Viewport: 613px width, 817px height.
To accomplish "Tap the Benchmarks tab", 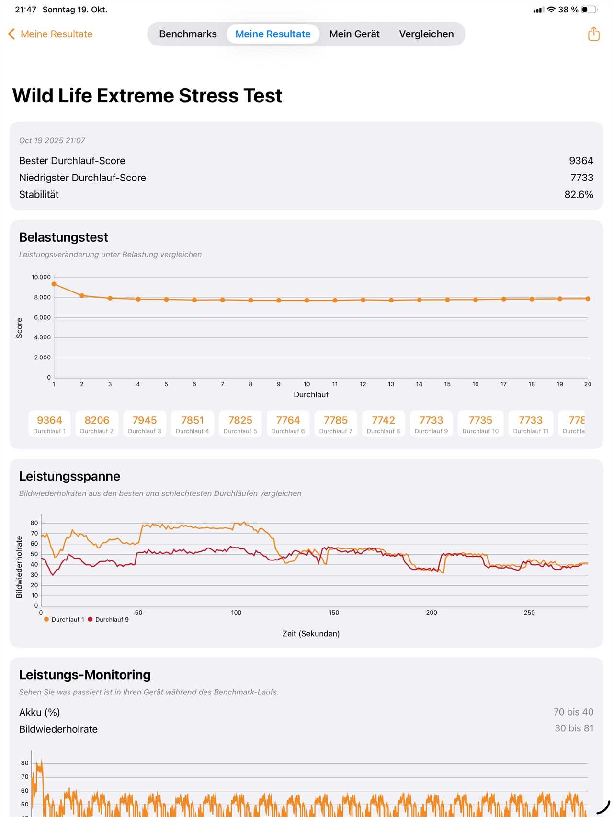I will (x=188, y=34).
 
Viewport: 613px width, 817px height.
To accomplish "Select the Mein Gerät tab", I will (x=354, y=34).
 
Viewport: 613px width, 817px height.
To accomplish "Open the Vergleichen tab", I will (x=426, y=34).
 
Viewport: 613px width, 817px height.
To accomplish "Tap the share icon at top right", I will (x=593, y=34).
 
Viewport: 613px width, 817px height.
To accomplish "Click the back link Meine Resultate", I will (x=50, y=34).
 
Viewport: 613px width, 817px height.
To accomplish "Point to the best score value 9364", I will (x=581, y=161).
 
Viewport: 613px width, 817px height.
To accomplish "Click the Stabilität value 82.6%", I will (x=579, y=195).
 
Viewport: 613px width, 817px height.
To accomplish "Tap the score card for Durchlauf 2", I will (x=97, y=424).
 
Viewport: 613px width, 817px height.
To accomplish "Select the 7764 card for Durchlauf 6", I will (x=288, y=424).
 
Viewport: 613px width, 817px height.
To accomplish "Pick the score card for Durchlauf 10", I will (x=480, y=424).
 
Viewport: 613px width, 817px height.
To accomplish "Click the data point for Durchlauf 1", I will (x=54, y=284).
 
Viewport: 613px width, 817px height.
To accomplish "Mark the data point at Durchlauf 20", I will (x=588, y=299).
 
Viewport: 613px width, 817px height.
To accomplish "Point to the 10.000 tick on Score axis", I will (x=41, y=277).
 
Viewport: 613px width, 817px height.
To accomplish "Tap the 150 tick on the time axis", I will (x=334, y=613).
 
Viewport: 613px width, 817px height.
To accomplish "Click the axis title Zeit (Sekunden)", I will (x=311, y=634).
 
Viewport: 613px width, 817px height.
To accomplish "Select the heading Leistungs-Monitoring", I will (x=85, y=675).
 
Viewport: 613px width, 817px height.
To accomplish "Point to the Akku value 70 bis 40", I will (x=573, y=712).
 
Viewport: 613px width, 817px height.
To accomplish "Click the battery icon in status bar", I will (x=589, y=10).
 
